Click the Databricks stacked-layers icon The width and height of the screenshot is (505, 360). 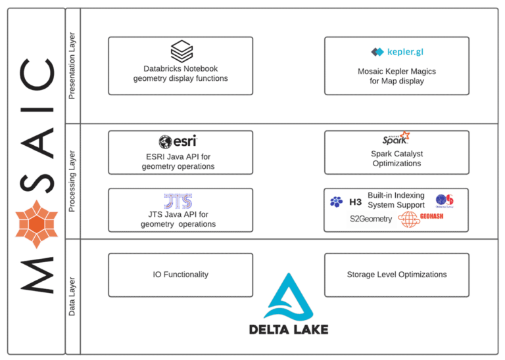[x=181, y=51]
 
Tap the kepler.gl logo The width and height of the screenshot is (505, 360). [x=397, y=52]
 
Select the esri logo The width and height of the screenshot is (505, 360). [x=178, y=141]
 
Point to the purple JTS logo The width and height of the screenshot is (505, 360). [x=178, y=201]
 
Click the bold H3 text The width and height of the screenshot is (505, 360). [x=356, y=202]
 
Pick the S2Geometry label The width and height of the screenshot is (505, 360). [x=371, y=219]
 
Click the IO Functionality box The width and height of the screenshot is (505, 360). [x=180, y=275]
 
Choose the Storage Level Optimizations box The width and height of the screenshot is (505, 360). [x=397, y=275]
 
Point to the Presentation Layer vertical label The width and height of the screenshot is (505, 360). [x=72, y=66]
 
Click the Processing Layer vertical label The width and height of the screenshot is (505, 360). [x=72, y=182]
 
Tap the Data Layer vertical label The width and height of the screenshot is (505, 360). [x=72, y=296]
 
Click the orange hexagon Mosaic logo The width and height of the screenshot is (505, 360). [x=37, y=223]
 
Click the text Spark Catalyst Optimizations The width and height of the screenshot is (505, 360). [x=397, y=158]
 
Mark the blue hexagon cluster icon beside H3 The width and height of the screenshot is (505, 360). [x=336, y=202]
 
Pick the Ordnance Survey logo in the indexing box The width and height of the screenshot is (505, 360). [x=445, y=200]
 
